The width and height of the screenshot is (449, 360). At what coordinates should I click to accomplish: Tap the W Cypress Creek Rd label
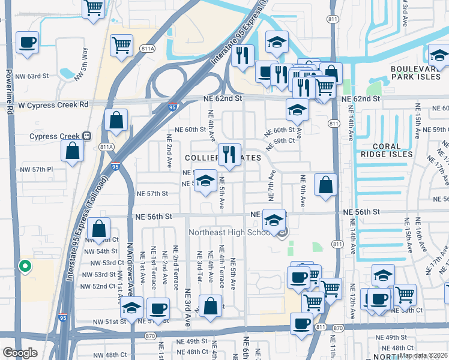click(x=53, y=104)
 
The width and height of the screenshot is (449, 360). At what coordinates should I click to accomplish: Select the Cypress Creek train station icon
click(x=86, y=136)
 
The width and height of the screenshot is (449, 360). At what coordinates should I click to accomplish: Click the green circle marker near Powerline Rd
click(x=25, y=266)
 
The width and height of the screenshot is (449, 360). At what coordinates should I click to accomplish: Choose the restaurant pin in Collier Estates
click(x=229, y=154)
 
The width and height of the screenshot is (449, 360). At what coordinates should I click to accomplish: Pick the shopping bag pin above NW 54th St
click(x=98, y=229)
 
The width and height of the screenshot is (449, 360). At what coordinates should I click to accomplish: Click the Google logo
click(x=20, y=353)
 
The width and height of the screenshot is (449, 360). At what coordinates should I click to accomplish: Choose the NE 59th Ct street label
click(x=282, y=140)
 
